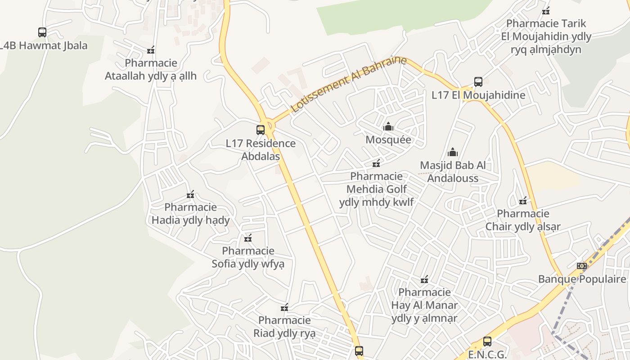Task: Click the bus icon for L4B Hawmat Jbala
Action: coord(42,32)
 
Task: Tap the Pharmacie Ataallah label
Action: coord(151,69)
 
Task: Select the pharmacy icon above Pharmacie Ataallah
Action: coord(151,50)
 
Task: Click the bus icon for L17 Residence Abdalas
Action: coord(261,130)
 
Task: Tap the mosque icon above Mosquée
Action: coord(388,126)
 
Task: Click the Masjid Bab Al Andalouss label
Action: coord(453,171)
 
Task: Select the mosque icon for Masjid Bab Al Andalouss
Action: coord(453,152)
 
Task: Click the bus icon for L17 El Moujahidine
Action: coord(478,82)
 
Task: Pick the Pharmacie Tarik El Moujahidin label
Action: coord(546,36)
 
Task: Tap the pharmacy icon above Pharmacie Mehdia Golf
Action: coord(376,163)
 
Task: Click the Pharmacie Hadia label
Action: coord(191,214)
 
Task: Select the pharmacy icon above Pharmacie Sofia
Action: coord(248,238)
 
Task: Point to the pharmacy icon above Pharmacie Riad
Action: coord(284,308)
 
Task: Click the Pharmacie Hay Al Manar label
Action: coord(424,305)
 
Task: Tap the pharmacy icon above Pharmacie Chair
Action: coord(523,201)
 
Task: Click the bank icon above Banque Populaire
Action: coord(582,266)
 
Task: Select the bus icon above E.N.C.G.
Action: coord(487,342)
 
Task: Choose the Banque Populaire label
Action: coord(582,279)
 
